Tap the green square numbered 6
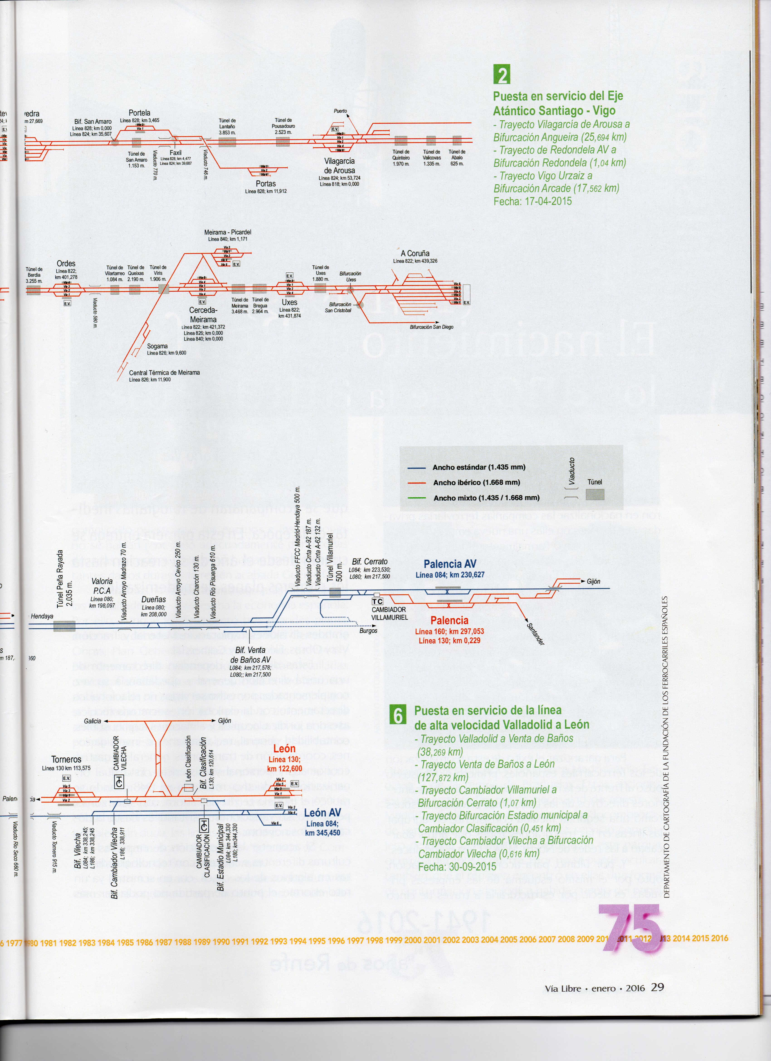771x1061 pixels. tap(397, 715)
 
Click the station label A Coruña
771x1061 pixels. tap(415, 253)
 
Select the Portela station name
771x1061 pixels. tap(139, 113)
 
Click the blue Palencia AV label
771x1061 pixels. tap(450, 564)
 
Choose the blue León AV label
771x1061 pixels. tap(322, 813)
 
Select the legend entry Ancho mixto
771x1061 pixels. tap(486, 498)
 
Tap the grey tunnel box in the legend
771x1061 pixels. tap(595, 495)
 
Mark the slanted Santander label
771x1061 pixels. tap(535, 634)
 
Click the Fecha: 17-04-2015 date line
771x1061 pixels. tap(532, 201)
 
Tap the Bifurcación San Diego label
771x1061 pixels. tap(431, 327)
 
